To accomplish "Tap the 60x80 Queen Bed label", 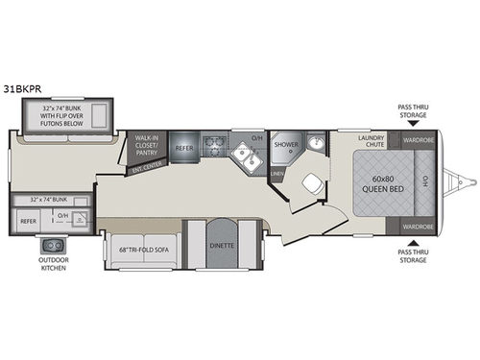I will [x=380, y=183].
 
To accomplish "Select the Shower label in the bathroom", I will [x=285, y=147].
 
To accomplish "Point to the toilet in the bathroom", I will [x=311, y=185].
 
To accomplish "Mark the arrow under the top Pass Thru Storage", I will [x=414, y=125].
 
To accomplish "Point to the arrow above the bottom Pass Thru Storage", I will [x=414, y=242].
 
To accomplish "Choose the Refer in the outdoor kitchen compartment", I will [x=28, y=221].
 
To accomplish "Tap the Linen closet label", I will [x=277, y=174].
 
